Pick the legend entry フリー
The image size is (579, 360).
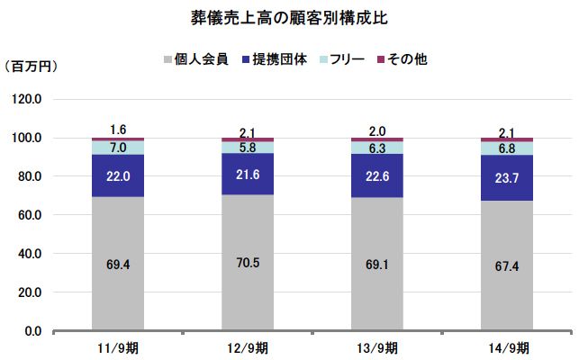tap(343, 60)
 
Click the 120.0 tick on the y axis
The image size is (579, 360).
tap(26, 99)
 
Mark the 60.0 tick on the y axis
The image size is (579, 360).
tap(28, 215)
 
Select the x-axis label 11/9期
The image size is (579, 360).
tap(118, 347)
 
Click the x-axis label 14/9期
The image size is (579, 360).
tap(507, 347)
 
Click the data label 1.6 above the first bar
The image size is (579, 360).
tap(118, 129)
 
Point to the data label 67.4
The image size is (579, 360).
tap(507, 266)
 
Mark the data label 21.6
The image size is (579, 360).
tap(248, 174)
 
